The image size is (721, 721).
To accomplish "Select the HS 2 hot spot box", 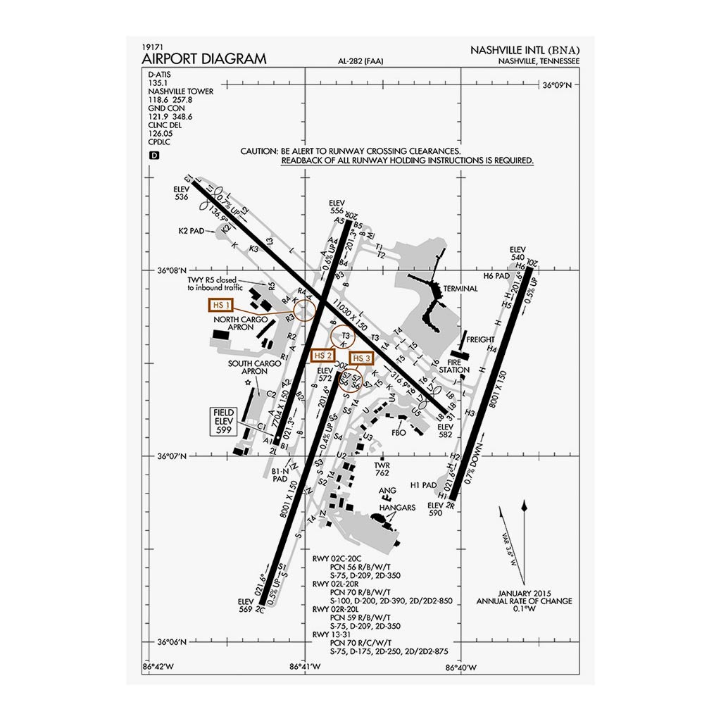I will (322, 356).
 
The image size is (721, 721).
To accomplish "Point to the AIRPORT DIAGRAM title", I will (204, 58).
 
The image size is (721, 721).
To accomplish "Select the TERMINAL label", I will (460, 289).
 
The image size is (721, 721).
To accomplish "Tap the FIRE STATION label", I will (454, 365).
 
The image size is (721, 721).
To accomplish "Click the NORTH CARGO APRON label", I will (241, 323).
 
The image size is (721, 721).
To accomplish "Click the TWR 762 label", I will (382, 469).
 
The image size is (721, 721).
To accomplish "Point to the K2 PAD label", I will (192, 230).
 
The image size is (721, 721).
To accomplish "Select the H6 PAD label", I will (496, 275).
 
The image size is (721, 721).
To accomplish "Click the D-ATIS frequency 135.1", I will (158, 82).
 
